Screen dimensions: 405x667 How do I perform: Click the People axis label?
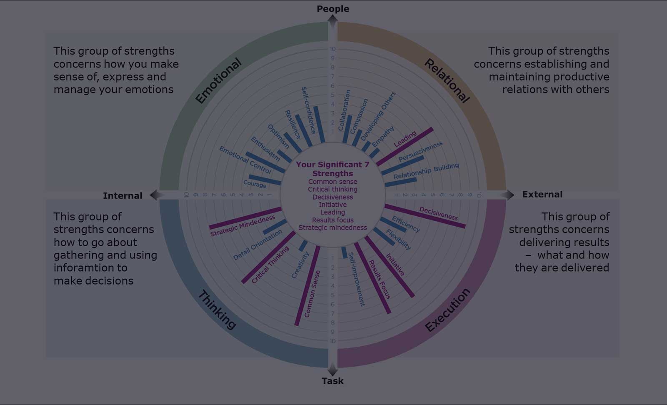[333, 9]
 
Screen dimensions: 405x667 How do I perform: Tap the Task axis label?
[333, 381]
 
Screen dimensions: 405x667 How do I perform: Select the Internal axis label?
[123, 195]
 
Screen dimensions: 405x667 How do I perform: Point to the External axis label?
[542, 194]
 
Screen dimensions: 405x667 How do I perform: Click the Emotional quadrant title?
[218, 81]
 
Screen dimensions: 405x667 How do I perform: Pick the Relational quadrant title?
[447, 81]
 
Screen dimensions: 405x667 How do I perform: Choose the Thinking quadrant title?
[217, 310]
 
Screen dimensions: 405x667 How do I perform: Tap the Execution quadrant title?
[448, 310]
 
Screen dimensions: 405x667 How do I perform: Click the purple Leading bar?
[405, 146]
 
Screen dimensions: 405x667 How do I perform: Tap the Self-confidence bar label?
[309, 110]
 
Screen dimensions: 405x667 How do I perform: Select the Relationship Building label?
[426, 171]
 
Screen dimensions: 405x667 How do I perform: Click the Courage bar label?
[255, 184]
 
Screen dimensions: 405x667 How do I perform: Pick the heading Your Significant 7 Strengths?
[333, 169]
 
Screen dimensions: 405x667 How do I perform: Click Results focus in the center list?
[333, 220]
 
